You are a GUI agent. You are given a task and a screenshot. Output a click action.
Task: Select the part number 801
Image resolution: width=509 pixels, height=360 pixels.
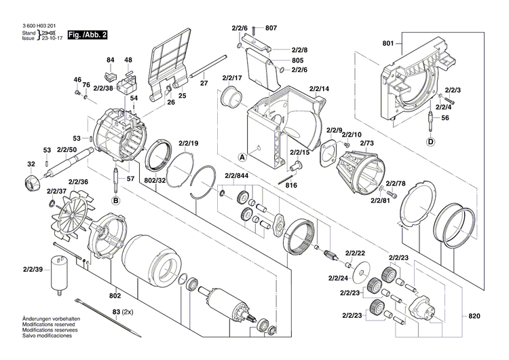point(388,44)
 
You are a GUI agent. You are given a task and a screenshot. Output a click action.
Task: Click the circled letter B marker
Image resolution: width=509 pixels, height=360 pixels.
point(115,201)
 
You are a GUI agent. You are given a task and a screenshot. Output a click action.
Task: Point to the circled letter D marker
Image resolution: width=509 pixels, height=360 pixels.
point(430,141)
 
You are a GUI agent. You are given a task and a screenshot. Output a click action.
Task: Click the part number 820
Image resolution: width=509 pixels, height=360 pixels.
point(477,297)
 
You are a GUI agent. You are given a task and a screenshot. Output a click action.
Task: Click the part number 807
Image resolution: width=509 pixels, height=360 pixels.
point(271,29)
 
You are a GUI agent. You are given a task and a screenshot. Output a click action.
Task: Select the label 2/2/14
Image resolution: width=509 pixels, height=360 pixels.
point(319,90)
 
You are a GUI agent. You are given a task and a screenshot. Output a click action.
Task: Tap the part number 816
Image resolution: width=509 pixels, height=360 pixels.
point(290,185)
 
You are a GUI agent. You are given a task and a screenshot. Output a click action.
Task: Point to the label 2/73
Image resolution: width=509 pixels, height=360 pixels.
point(367,144)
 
